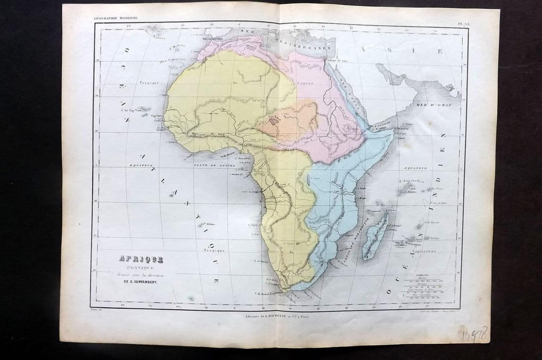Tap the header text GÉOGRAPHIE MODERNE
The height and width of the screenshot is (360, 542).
(x=116, y=18)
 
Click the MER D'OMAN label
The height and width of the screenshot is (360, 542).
(x=434, y=105)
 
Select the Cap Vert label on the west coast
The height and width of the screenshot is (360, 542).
(x=157, y=116)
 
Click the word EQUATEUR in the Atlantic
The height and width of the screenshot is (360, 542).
(x=141, y=165)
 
